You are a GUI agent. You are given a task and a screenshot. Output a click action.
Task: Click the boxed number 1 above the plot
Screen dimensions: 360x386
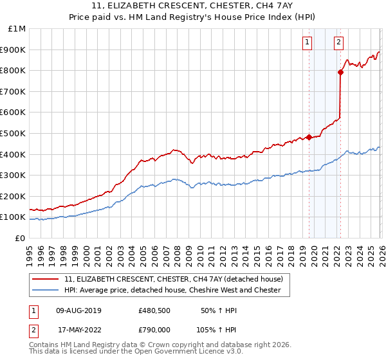pos(308,43)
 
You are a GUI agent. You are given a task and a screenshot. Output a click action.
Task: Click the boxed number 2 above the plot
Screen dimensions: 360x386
pos(338,43)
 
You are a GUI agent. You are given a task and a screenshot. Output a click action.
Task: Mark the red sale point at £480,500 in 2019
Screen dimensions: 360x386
pos(309,137)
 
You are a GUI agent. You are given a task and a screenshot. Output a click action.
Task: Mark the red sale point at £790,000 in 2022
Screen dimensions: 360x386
pos(340,73)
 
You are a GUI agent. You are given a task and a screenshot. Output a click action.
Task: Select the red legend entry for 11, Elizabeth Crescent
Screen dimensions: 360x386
pos(178,278)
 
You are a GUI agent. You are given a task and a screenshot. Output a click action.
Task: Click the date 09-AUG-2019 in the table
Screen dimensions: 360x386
pos(78,310)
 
